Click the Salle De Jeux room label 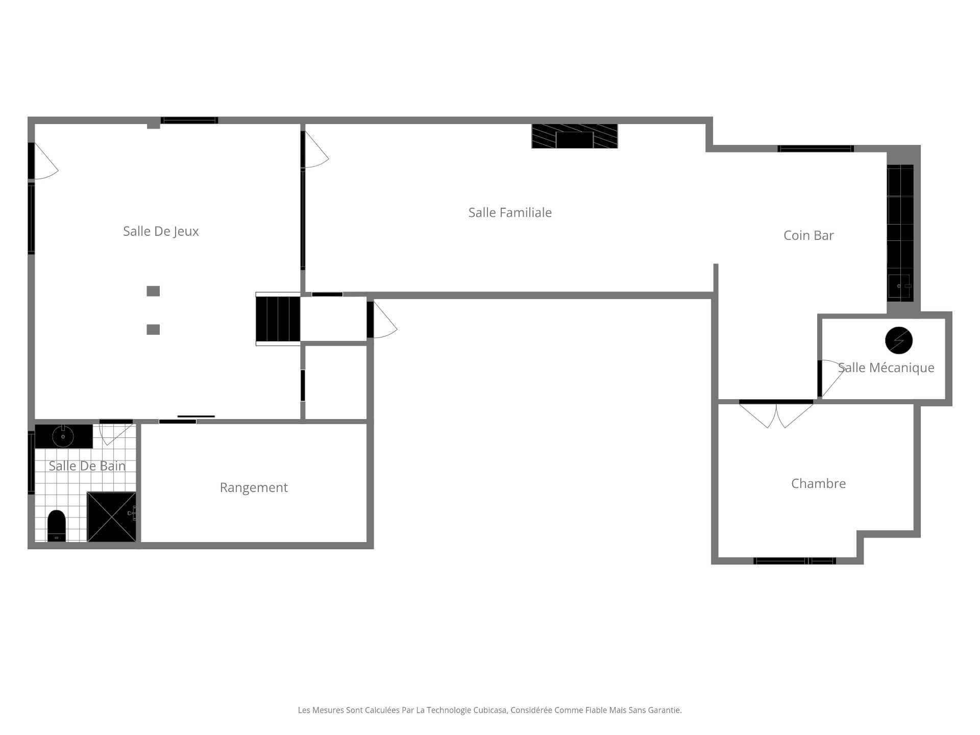pyautogui.click(x=161, y=231)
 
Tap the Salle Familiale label pyautogui.click(x=510, y=212)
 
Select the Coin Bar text pyautogui.click(x=808, y=235)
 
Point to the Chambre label pyautogui.click(x=818, y=483)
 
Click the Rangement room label pyautogui.click(x=254, y=487)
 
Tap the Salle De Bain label pyautogui.click(x=87, y=465)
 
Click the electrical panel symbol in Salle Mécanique pyautogui.click(x=899, y=340)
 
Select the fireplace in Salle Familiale pyautogui.click(x=574, y=136)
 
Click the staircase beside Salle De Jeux pyautogui.click(x=278, y=319)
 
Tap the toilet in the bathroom pyautogui.click(x=57, y=525)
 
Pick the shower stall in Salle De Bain pyautogui.click(x=112, y=517)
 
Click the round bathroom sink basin pyautogui.click(x=63, y=437)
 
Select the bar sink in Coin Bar pyautogui.click(x=899, y=286)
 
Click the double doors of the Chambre pyautogui.click(x=776, y=413)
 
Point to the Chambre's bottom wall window pyautogui.click(x=795, y=561)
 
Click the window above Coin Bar pyautogui.click(x=816, y=149)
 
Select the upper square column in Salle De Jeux pyautogui.click(x=153, y=291)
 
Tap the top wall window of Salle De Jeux pyautogui.click(x=189, y=120)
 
